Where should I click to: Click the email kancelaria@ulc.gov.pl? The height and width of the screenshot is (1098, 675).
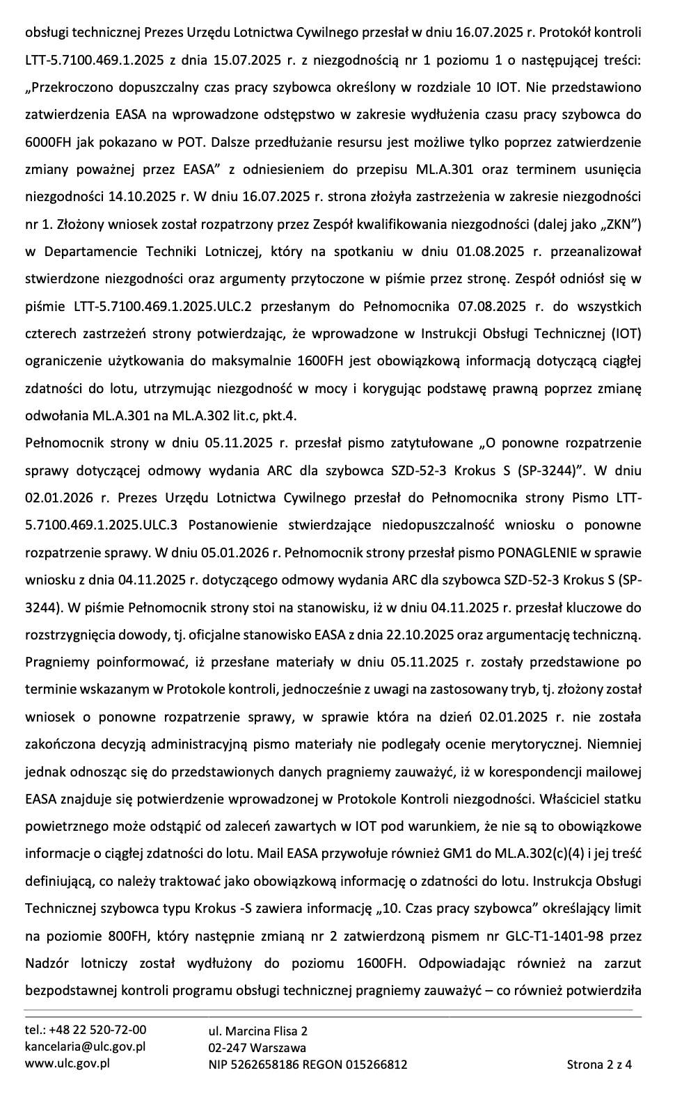click(85, 1047)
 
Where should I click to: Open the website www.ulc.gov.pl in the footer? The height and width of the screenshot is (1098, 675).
click(67, 1063)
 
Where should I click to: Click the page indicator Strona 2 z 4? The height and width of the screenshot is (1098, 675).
click(599, 1064)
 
